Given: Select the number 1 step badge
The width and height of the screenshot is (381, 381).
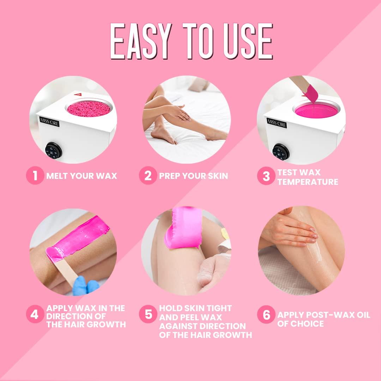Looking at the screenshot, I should (35, 175).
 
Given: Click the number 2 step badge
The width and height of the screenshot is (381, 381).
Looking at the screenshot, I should (148, 175).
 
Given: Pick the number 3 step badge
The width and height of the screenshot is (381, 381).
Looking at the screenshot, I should (266, 177).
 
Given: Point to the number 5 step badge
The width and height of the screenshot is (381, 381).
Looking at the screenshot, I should (148, 314).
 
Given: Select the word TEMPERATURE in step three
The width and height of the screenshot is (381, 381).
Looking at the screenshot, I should (308, 182).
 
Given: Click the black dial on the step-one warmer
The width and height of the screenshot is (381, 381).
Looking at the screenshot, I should (54, 151).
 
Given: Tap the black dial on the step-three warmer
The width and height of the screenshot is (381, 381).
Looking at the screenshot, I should (281, 152).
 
